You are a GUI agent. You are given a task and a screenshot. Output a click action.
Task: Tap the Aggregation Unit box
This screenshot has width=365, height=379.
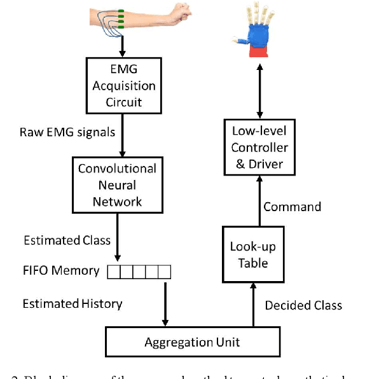[x=191, y=341]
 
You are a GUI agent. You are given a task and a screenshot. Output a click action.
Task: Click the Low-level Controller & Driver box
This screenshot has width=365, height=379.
[x=259, y=148]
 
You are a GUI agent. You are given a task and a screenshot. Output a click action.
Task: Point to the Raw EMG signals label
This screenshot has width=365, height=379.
[x=66, y=132]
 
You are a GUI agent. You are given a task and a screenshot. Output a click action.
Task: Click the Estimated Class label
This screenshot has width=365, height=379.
[x=67, y=240]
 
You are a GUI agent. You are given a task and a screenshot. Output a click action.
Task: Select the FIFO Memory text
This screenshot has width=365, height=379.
[x=61, y=271]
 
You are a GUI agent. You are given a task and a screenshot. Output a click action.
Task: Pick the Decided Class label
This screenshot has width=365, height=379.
[x=303, y=305]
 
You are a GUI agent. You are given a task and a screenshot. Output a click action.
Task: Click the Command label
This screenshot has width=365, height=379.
[x=292, y=207]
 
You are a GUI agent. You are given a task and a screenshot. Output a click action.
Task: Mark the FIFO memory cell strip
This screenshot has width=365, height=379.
[x=139, y=272]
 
